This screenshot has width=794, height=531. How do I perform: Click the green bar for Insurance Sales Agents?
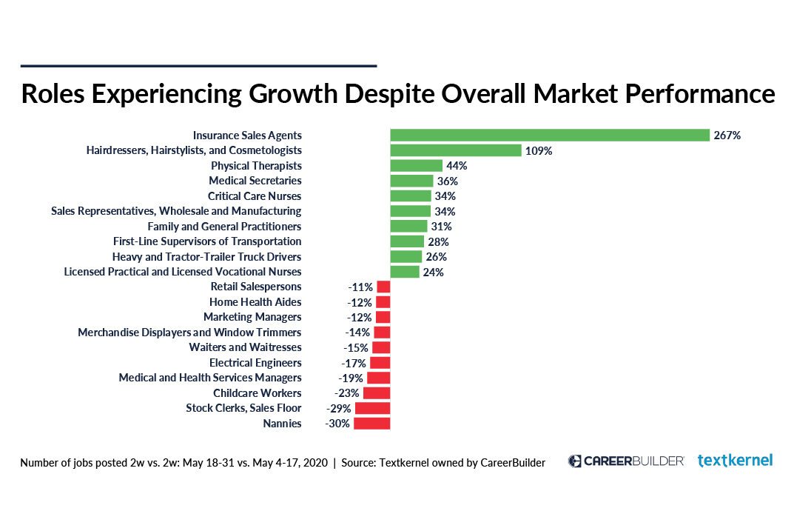(x=550, y=135)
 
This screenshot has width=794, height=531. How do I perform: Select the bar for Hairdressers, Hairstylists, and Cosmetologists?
(x=456, y=150)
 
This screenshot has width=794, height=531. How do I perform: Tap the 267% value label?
(x=727, y=136)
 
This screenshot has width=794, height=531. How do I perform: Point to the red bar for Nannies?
(x=371, y=424)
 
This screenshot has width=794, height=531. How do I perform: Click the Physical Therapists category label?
(x=256, y=166)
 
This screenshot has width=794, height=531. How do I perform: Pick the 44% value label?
(x=457, y=166)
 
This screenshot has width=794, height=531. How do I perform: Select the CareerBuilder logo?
(x=626, y=461)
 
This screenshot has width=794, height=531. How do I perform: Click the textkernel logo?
(x=735, y=461)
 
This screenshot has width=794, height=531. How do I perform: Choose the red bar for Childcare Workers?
(x=376, y=393)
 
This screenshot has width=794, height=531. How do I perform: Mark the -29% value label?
(x=338, y=408)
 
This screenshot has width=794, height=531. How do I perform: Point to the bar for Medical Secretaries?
(x=411, y=181)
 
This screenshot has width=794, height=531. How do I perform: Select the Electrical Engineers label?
(x=255, y=363)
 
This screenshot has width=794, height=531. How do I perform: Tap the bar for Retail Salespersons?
(x=383, y=287)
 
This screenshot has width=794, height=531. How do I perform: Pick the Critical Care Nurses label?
(x=255, y=196)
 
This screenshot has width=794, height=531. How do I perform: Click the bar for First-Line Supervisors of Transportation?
(x=407, y=241)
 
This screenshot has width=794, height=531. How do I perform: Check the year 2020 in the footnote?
(x=314, y=463)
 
